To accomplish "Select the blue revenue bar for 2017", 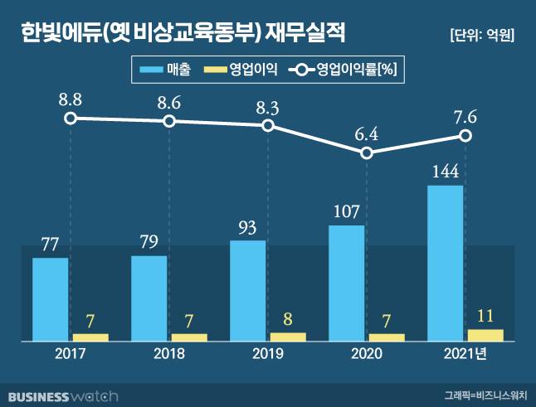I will pyautogui.click(x=50, y=298).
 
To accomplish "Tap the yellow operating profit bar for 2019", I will pyautogui.click(x=287, y=337).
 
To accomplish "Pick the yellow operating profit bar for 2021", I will pyautogui.click(x=485, y=335).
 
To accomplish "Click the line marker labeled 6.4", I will pyautogui.click(x=367, y=153).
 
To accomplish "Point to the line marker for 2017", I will pyautogui.click(x=71, y=118).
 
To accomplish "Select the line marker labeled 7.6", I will pyautogui.click(x=466, y=136).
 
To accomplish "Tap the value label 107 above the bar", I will pyautogui.click(x=346, y=211).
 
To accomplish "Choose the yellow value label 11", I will pyautogui.click(x=485, y=316).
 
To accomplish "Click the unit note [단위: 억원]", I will pyautogui.click(x=481, y=35).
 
